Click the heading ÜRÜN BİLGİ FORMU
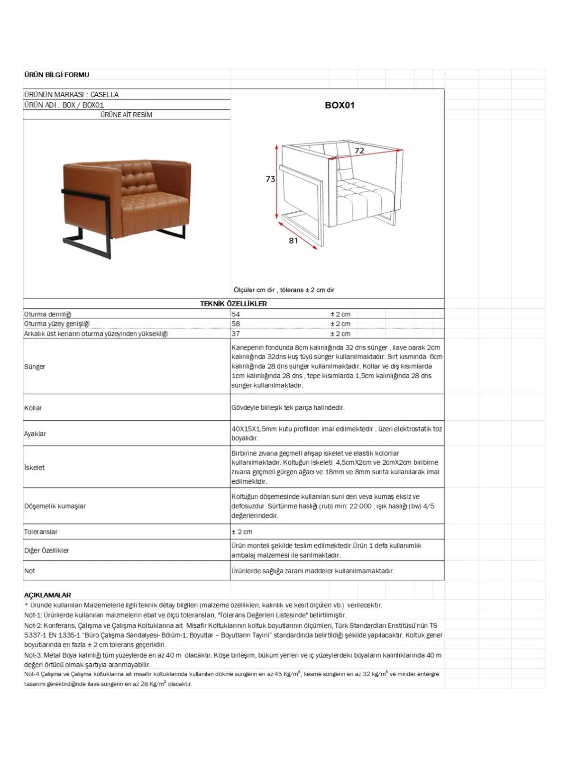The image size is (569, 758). point(56,74)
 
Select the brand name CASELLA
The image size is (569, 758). point(104,94)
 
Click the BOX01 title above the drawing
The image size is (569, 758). point(340,105)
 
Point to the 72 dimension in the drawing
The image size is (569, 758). point(359,151)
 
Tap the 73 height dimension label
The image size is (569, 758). point(270,179)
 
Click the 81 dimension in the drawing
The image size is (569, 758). point(294,241)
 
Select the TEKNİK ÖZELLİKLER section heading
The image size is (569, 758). point(233,304)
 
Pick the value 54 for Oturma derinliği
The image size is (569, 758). point(236,314)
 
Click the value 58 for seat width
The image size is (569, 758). point(236,324)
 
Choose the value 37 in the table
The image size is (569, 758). point(236,334)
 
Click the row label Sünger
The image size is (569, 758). point(35,367)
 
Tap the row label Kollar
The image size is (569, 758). point(33,408)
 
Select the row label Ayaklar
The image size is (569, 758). point(35,433)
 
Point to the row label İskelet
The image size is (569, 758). point(35,468)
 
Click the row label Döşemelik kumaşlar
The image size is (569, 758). point(55,506)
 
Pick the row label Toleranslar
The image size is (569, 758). point(41,532)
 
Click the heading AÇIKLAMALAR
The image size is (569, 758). point(47,595)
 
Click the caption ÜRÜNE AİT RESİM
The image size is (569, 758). point(126,115)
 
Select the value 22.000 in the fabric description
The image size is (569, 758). point(360,506)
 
